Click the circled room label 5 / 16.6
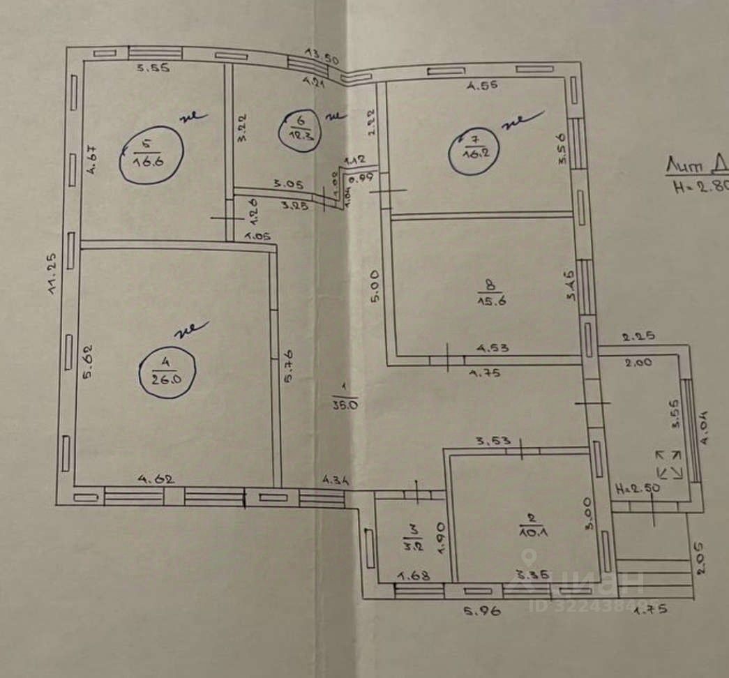151,154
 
